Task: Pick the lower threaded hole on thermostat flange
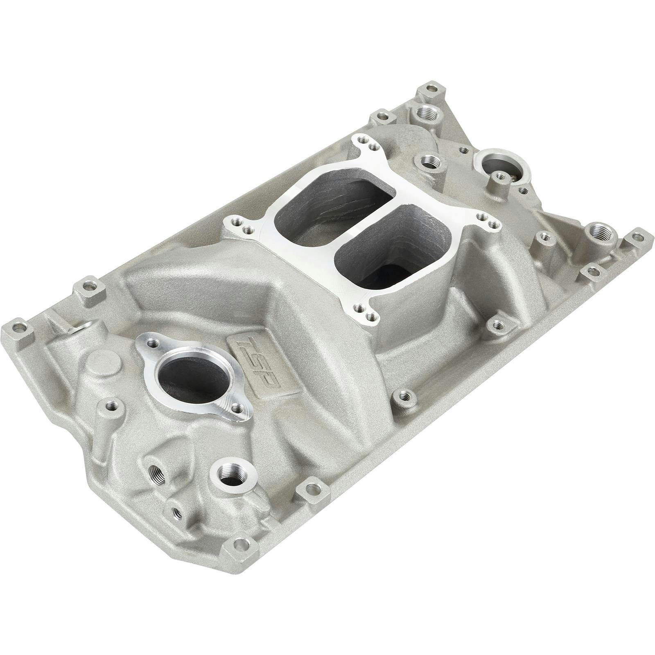click(237, 410)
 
